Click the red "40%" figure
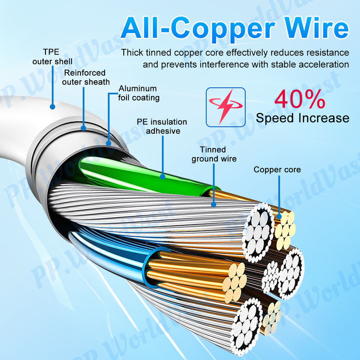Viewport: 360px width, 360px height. pyautogui.click(x=299, y=99)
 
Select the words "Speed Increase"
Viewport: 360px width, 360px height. pyautogui.click(x=302, y=118)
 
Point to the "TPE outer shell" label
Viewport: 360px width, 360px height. pyautogui.click(x=52, y=56)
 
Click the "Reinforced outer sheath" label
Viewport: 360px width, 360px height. pyautogui.click(x=85, y=77)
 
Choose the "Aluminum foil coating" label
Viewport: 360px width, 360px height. pyautogui.click(x=139, y=93)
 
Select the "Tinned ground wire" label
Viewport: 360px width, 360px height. pyautogui.click(x=214, y=154)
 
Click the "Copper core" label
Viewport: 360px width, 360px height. pyautogui.click(x=277, y=169)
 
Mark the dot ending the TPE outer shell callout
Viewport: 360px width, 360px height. pyautogui.click(x=52, y=107)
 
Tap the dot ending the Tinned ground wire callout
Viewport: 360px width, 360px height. pyautogui.click(x=214, y=205)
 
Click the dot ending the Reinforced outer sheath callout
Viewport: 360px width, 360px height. pyautogui.click(x=83, y=128)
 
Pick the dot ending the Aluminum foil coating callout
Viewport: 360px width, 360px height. pyautogui.click(x=109, y=143)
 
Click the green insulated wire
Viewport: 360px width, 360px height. pyautogui.click(x=124, y=171)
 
